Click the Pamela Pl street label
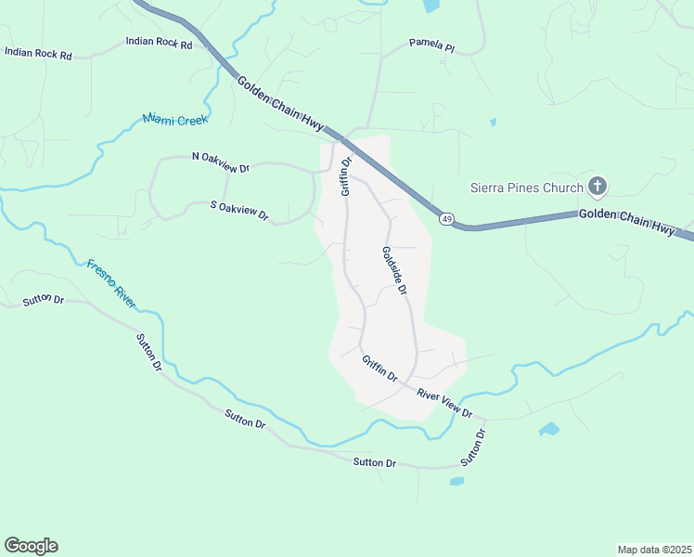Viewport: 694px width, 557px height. pyautogui.click(x=432, y=45)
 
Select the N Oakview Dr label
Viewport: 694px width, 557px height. pyautogui.click(x=221, y=162)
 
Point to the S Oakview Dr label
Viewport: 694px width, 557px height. pyautogui.click(x=239, y=211)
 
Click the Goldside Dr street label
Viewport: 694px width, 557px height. pyautogui.click(x=393, y=270)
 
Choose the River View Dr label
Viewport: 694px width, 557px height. pyautogui.click(x=444, y=402)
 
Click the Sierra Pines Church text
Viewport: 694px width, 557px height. pyautogui.click(x=527, y=188)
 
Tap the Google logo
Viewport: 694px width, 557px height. pyautogui.click(x=31, y=546)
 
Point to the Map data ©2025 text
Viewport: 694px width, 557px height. pyautogui.click(x=654, y=549)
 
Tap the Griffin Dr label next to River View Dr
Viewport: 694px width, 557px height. pyautogui.click(x=379, y=369)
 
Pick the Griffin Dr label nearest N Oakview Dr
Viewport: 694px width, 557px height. pyautogui.click(x=346, y=175)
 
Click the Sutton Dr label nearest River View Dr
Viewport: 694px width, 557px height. pyautogui.click(x=473, y=447)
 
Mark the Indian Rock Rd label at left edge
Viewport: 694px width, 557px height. pyautogui.click(x=38, y=54)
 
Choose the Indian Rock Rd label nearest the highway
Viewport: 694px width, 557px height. pyautogui.click(x=159, y=43)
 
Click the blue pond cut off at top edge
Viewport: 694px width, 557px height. pyautogui.click(x=430, y=6)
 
